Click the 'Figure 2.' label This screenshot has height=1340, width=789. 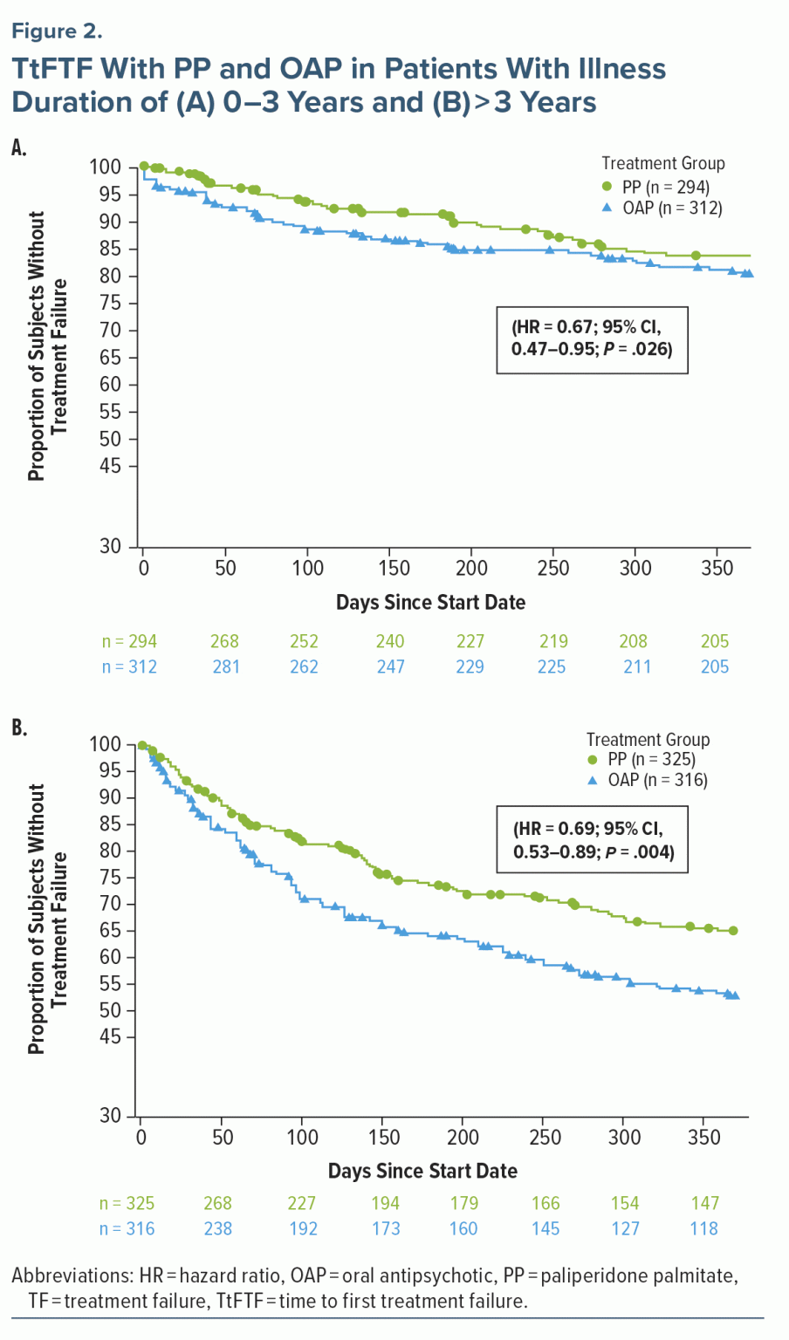pyautogui.click(x=57, y=31)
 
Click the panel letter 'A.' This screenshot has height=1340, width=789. pyautogui.click(x=19, y=148)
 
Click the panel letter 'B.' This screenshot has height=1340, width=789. pyautogui.click(x=19, y=728)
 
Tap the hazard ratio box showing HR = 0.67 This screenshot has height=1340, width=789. pyautogui.click(x=592, y=339)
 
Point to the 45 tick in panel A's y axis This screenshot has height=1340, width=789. pyautogui.click(x=110, y=466)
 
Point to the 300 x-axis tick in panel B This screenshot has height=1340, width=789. pyautogui.click(x=624, y=1138)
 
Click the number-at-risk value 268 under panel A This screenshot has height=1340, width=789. pyautogui.click(x=224, y=641)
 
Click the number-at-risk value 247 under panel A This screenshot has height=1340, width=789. pyautogui.click(x=390, y=667)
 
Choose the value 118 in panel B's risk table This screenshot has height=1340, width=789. pyautogui.click(x=703, y=1228)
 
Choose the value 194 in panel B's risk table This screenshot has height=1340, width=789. pyautogui.click(x=385, y=1203)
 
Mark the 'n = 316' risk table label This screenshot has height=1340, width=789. pyautogui.click(x=127, y=1228)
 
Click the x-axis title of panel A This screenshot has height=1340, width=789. pyautogui.click(x=430, y=602)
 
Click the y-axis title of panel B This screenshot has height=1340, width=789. pyautogui.click(x=47, y=919)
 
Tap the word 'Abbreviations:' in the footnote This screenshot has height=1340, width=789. pyautogui.click(x=72, y=1275)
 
